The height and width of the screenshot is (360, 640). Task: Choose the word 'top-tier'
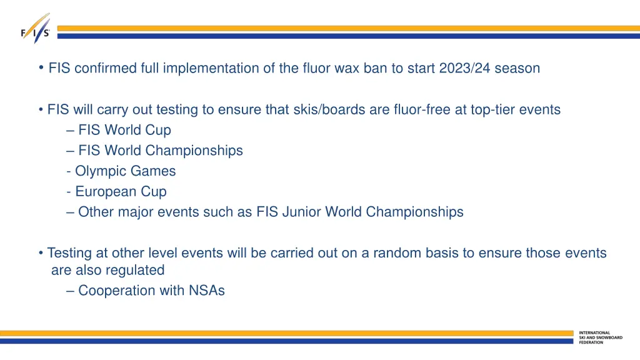point(496,110)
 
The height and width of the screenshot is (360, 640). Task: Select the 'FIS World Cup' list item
point(124,131)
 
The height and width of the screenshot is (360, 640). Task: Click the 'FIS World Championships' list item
point(161,151)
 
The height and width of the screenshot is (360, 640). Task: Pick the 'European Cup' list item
point(121,192)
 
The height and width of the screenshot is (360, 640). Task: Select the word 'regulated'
point(135,271)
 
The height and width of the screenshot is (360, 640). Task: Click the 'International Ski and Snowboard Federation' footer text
point(600,337)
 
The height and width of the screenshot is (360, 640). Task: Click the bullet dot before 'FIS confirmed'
point(41,67)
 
